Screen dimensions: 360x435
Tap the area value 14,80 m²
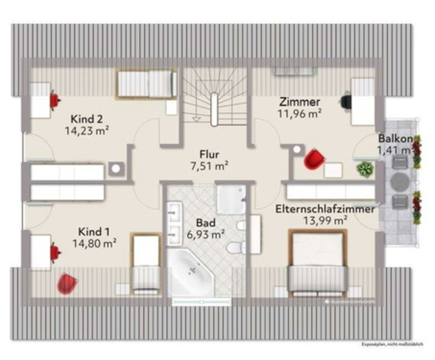coord(97,244)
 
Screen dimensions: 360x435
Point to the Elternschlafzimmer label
coord(326,208)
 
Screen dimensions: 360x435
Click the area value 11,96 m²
coord(299,113)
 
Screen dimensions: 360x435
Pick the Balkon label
coord(396,138)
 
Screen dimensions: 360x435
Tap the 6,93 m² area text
coord(205,233)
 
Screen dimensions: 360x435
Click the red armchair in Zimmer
coord(314,159)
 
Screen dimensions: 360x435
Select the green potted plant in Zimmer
coord(364,169)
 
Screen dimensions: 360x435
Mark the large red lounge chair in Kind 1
coord(66,284)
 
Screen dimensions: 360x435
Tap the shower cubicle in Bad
coord(231,198)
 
